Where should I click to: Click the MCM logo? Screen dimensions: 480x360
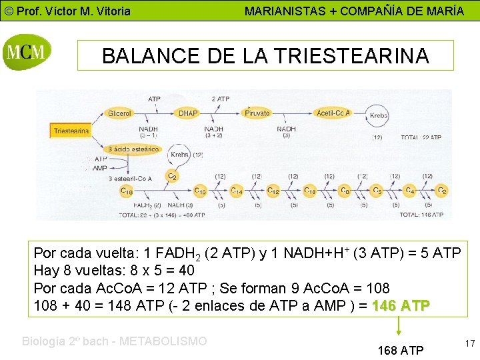click(27, 52)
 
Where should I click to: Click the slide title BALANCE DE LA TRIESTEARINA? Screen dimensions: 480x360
click(265, 56)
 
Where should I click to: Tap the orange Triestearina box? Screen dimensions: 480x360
click(71, 131)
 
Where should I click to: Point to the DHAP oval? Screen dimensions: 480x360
click(189, 113)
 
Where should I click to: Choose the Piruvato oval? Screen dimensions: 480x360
click(257, 113)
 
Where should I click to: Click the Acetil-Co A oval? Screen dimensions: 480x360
click(333, 113)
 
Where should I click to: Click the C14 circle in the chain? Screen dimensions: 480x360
click(237, 191)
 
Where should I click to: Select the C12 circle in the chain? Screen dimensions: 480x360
click(273, 191)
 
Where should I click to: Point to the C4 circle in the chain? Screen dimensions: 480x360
click(410, 191)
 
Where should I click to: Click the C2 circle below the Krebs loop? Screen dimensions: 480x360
click(172, 177)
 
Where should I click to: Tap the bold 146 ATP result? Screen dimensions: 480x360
click(401, 305)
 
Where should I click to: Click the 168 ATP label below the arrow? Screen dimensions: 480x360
click(400, 350)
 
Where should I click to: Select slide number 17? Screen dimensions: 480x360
click(469, 343)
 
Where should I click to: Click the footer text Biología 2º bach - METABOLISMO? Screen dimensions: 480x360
click(115, 341)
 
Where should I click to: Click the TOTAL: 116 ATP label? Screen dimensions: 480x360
click(421, 215)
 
